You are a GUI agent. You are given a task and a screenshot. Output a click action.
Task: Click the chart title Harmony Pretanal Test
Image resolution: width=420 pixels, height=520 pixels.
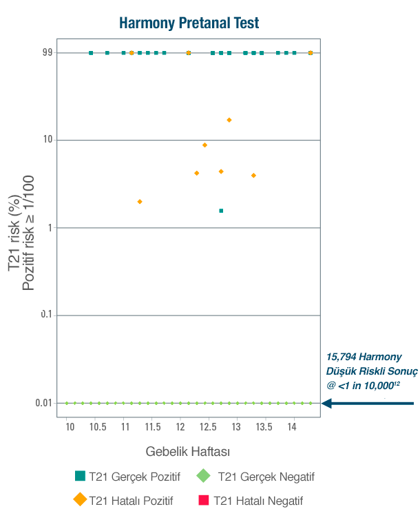189,23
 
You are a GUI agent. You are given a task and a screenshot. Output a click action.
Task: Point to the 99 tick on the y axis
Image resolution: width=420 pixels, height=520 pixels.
47,52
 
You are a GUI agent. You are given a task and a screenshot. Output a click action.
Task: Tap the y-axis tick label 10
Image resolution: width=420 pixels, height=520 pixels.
47,140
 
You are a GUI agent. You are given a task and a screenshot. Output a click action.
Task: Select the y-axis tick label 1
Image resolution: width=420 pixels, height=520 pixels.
50,227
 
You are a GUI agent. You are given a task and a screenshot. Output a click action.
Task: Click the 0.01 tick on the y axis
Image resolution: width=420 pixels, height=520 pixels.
43,403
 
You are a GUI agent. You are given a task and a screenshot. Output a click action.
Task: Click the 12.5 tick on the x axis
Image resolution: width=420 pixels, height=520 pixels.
208,428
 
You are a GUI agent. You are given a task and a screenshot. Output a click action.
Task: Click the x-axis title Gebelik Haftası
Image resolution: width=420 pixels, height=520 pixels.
187,452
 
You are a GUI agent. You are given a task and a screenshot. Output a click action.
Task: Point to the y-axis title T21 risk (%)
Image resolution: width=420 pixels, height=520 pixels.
14,234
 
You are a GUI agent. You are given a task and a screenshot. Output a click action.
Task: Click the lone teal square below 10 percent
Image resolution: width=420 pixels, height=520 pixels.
221,211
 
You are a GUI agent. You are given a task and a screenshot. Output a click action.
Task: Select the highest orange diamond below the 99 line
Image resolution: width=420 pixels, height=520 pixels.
229,120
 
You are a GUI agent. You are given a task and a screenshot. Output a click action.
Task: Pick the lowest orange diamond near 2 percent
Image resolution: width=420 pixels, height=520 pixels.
140,201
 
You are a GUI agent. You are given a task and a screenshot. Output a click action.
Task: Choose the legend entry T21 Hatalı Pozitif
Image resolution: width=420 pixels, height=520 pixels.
131,501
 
